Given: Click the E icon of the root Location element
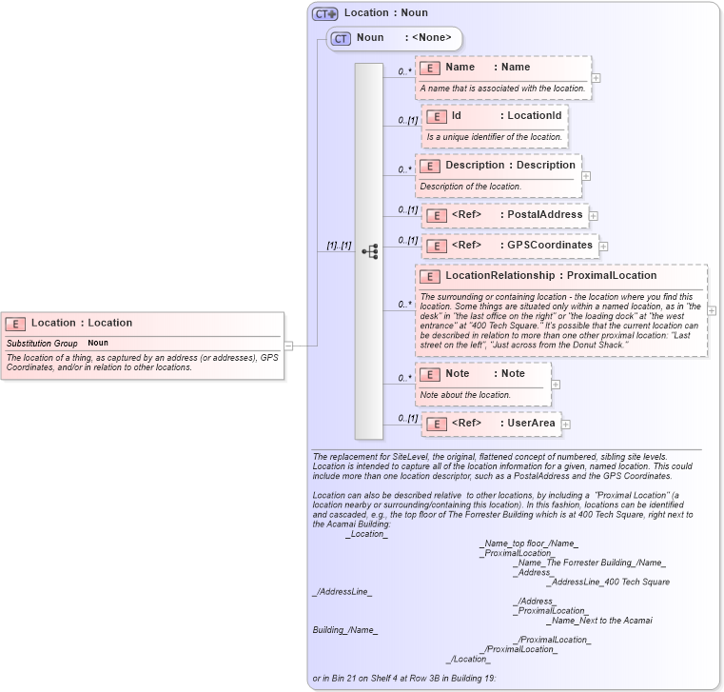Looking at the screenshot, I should [16, 324].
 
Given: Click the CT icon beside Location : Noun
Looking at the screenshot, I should [325, 13].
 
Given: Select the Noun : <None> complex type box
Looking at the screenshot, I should [395, 38].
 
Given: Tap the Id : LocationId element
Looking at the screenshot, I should [494, 116].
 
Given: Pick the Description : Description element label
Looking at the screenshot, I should [510, 165].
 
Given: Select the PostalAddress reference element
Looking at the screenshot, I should [505, 215].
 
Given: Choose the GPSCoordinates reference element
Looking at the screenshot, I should [510, 246].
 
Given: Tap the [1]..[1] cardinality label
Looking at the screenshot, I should [339, 246].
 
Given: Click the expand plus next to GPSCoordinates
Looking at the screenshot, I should [603, 247].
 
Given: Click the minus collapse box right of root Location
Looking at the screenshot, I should [288, 346].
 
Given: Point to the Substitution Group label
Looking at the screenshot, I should [42, 343].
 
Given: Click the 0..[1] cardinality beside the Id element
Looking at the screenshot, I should [408, 121].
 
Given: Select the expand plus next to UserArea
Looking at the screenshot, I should [565, 425].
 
